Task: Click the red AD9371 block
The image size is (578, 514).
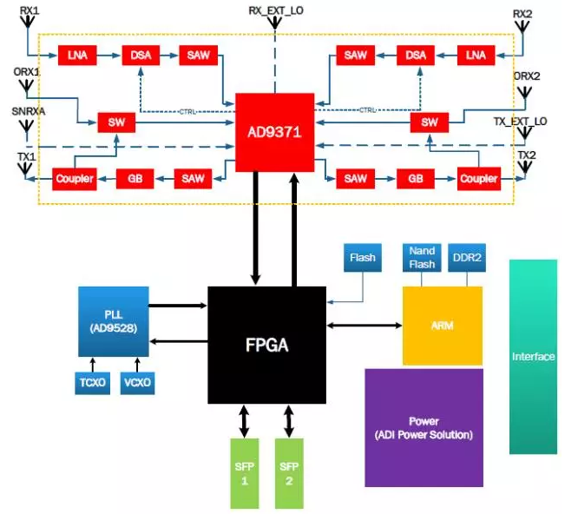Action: (273, 132)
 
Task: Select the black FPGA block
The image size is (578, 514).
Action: (266, 345)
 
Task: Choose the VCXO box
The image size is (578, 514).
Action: (136, 383)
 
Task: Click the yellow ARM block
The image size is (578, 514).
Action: (442, 326)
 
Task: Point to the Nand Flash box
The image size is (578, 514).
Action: (422, 256)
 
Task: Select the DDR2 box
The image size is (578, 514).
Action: (467, 256)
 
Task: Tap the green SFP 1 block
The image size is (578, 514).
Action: (243, 472)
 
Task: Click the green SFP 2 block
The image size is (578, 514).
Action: (289, 472)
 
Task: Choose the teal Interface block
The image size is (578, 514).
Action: (533, 356)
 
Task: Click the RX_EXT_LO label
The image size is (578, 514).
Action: (276, 10)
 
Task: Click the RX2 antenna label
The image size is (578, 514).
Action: (521, 14)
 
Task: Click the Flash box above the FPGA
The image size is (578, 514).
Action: (362, 257)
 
